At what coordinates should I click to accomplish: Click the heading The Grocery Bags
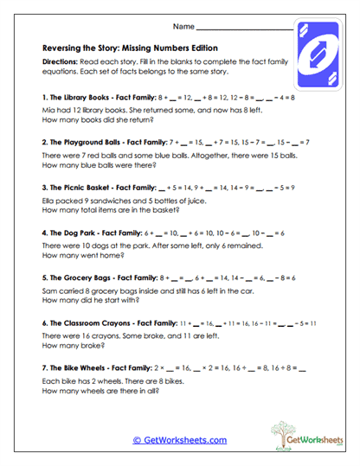click(x=87, y=278)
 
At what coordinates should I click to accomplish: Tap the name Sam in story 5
click(x=48, y=294)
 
